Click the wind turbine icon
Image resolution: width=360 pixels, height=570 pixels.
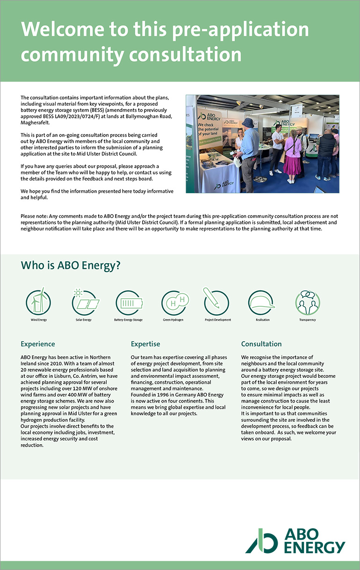(x=38, y=302)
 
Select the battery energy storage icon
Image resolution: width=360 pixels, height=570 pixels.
(x=128, y=302)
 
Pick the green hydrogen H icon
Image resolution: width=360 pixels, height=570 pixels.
(x=173, y=302)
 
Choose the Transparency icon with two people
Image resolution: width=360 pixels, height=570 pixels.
(x=307, y=302)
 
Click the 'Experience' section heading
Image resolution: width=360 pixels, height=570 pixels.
(x=37, y=344)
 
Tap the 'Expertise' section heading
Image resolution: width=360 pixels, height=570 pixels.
(x=145, y=344)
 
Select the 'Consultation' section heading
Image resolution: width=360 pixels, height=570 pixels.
(x=261, y=344)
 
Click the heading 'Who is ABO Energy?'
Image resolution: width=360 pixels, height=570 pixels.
(x=71, y=266)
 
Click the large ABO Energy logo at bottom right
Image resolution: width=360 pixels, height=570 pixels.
(x=295, y=541)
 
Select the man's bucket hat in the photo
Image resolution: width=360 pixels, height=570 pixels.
(x=248, y=123)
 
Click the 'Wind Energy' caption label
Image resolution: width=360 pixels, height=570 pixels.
(x=38, y=320)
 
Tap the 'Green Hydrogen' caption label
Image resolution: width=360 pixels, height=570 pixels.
(x=173, y=320)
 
